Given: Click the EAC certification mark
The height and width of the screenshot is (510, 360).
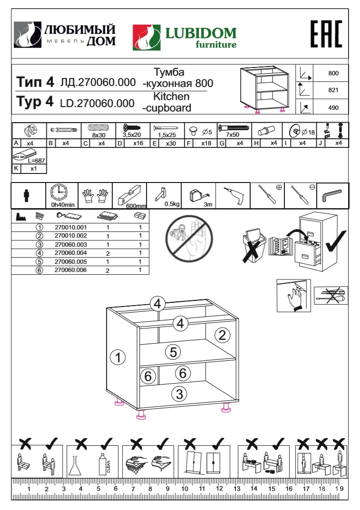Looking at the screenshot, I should coord(326,34).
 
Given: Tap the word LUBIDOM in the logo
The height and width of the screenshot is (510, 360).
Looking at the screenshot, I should coord(200,33).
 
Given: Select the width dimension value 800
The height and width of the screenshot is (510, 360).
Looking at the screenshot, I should coord(333,73).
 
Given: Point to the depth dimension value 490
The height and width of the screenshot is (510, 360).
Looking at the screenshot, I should coord(333,107).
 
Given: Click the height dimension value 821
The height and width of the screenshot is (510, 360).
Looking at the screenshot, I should coord(333,90).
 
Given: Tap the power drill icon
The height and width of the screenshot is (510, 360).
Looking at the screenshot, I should coord(233,195).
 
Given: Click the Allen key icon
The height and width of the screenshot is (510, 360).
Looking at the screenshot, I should coord(332,195).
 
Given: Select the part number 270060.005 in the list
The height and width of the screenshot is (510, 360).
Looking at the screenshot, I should coord(71,261).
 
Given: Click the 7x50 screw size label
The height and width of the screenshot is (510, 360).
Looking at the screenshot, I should coord(233,135).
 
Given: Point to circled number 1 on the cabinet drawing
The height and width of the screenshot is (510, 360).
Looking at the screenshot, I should coord(117,357).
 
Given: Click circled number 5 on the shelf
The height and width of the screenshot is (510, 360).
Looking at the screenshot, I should coord(173,352).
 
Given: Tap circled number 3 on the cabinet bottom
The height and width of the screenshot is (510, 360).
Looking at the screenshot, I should coord(179,394).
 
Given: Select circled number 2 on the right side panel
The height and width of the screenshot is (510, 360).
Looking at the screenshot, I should coord(222,336).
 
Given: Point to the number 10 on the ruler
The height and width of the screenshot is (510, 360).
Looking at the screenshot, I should coord(185,489).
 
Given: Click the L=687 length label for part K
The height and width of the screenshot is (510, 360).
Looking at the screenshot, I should coord(36,161).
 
